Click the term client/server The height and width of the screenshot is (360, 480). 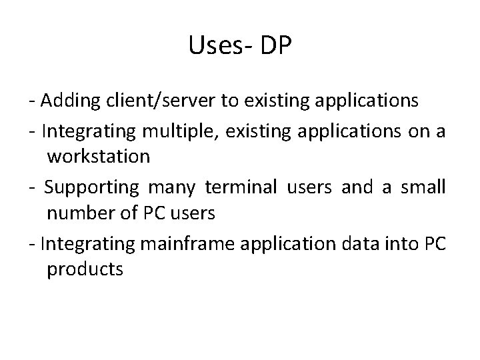(159, 101)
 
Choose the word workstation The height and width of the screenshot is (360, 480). (99, 157)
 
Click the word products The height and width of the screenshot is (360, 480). (85, 270)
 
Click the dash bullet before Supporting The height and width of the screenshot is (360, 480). (33, 187)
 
